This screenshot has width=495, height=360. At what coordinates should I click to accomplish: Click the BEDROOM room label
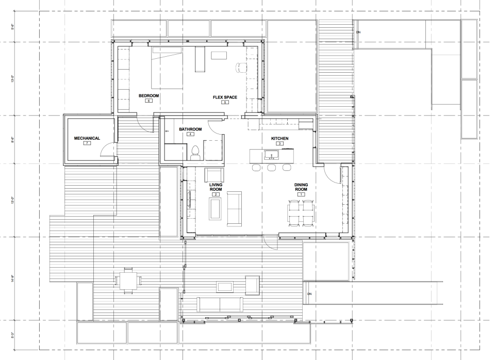click(x=148, y=96)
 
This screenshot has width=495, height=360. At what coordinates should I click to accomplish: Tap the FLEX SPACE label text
click(x=224, y=97)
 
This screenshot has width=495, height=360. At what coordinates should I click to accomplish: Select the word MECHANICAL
click(x=87, y=138)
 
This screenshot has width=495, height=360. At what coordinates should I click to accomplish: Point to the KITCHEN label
click(x=279, y=139)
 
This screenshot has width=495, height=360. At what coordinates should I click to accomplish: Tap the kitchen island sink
click(x=271, y=154)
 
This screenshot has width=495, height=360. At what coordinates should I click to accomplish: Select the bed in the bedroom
click(x=167, y=68)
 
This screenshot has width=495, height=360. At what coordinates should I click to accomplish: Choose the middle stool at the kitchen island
click(x=271, y=168)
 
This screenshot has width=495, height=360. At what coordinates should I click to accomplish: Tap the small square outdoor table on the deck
click(x=126, y=281)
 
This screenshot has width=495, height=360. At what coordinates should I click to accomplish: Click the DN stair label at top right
click(x=358, y=32)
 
